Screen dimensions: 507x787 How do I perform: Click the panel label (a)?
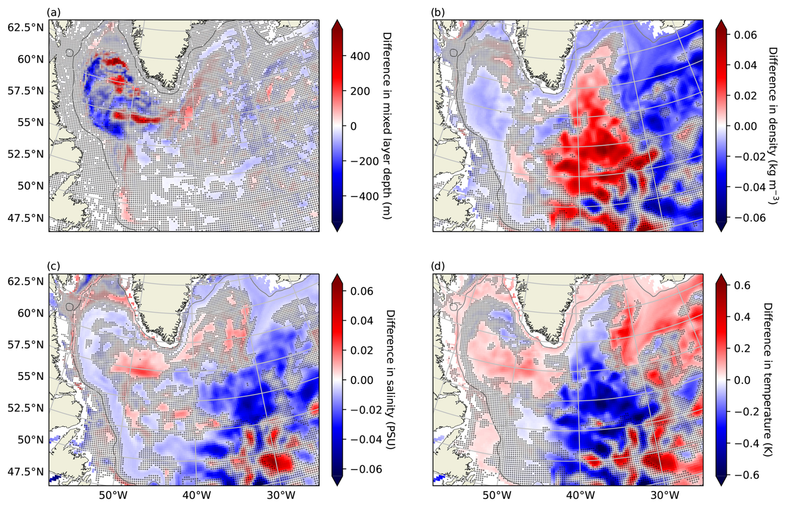click(54, 12)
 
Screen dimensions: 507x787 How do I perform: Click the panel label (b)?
click(438, 12)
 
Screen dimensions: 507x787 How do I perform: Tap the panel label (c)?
click(54, 266)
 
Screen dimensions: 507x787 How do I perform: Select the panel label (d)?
click(438, 266)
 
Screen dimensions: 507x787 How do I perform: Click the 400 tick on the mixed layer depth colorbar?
click(360, 56)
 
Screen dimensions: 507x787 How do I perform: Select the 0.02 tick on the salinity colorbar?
click(361, 350)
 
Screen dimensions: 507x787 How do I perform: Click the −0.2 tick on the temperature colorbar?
click(739, 412)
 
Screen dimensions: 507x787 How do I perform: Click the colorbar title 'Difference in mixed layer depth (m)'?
click(386, 126)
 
